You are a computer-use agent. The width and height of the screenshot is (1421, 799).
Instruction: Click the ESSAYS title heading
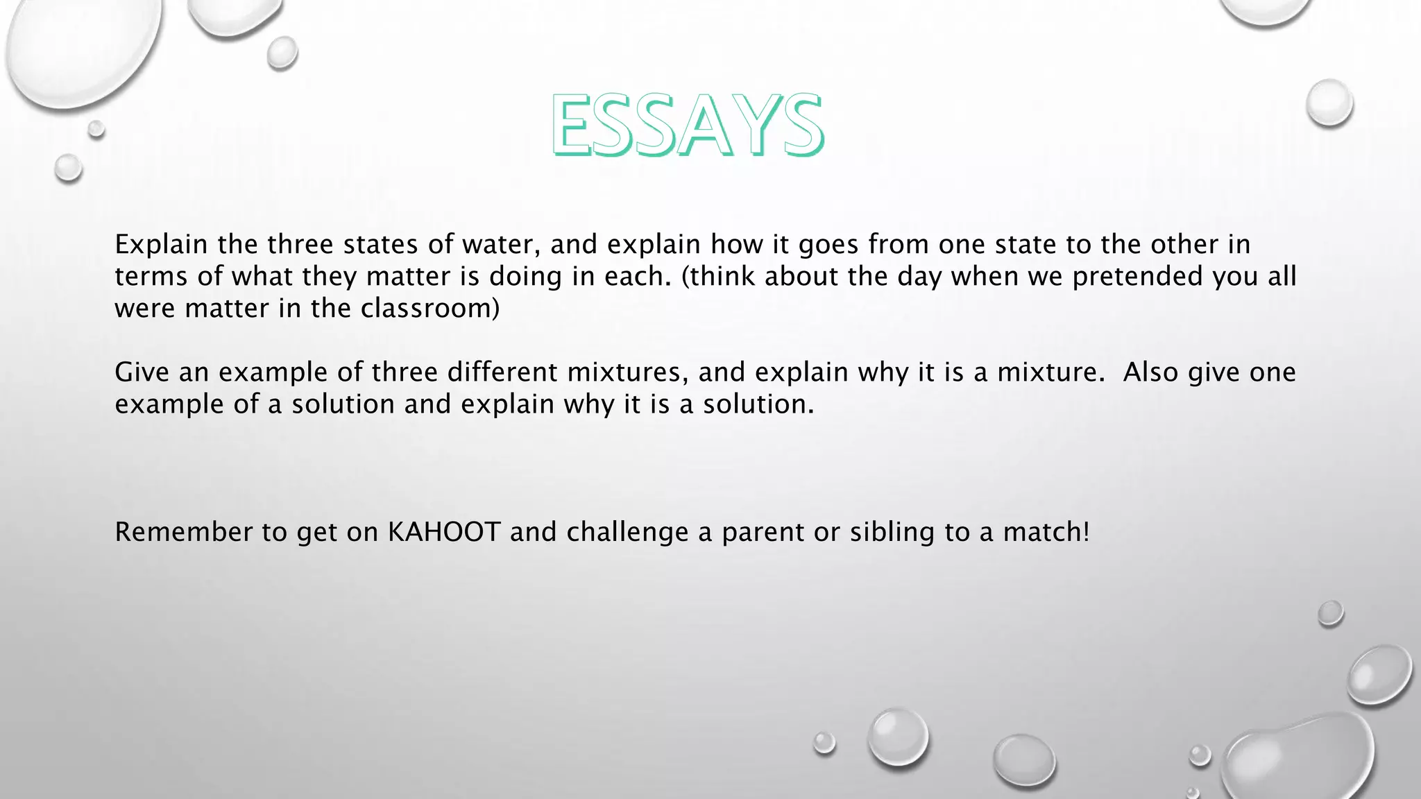(687, 125)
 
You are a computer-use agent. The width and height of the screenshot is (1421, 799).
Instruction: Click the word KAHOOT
(444, 532)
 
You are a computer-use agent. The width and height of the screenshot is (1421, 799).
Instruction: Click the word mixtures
(627, 372)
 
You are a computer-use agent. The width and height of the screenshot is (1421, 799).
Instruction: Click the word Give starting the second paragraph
(142, 372)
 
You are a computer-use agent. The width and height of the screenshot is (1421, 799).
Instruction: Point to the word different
(502, 372)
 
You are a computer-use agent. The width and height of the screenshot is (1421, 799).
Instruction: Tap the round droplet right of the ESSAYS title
(1329, 103)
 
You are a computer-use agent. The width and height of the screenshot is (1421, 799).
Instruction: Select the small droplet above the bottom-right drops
(1330, 613)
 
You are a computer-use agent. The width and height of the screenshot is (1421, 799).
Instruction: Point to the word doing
(525, 276)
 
